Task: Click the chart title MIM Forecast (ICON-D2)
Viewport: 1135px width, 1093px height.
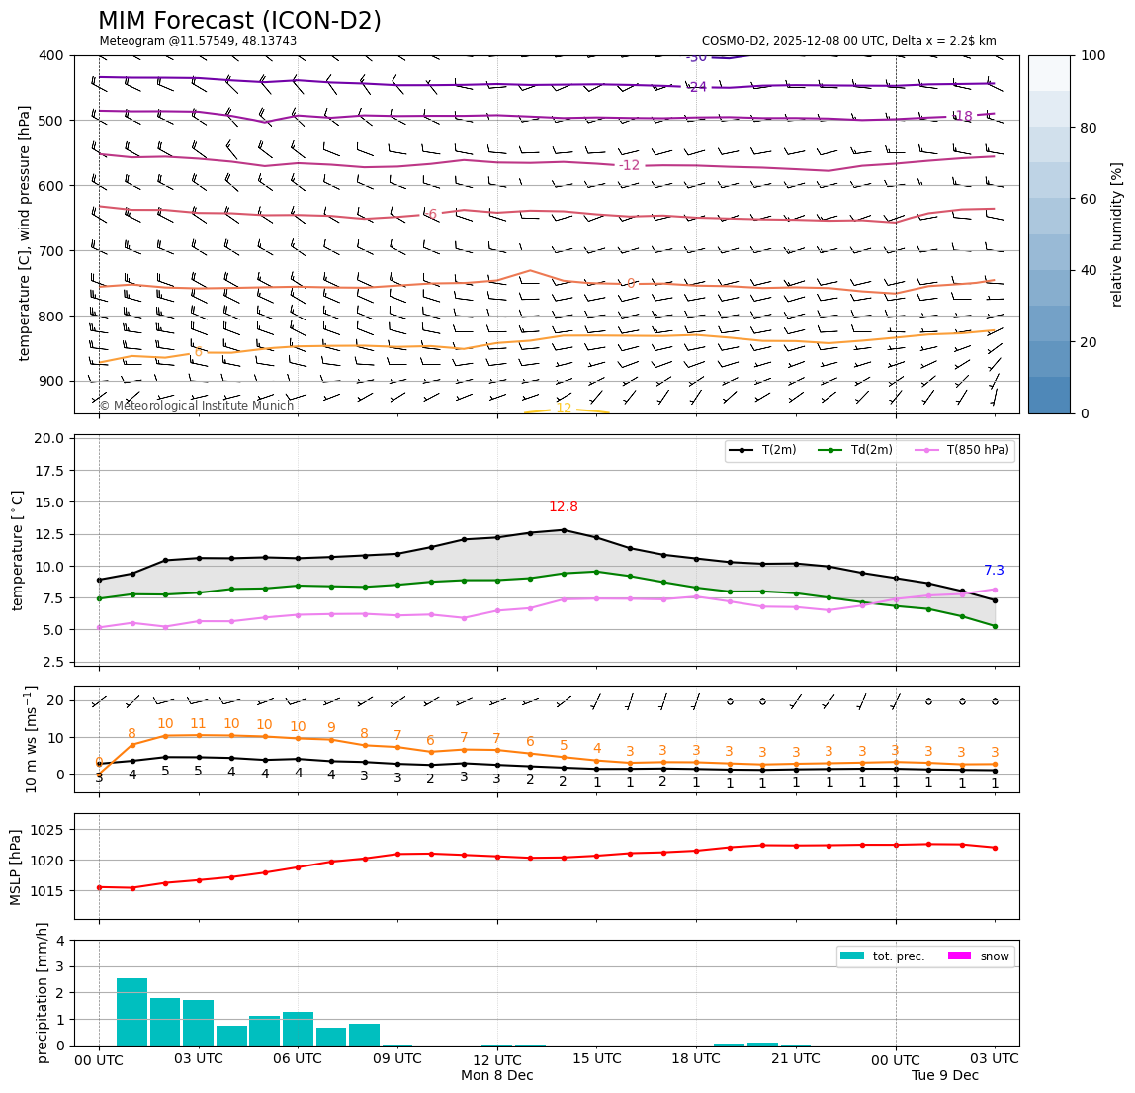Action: (x=239, y=21)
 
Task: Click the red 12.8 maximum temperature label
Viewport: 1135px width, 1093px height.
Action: (x=564, y=507)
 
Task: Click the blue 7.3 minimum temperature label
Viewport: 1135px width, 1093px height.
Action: (x=994, y=571)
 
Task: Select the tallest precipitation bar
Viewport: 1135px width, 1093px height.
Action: (x=131, y=1011)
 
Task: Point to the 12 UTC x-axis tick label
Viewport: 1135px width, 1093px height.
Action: (x=497, y=1059)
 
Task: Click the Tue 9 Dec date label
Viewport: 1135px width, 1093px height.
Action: (x=945, y=1075)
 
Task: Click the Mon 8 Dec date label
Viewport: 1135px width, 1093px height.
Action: (x=497, y=1075)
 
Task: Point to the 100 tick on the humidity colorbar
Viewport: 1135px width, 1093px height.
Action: (x=1092, y=56)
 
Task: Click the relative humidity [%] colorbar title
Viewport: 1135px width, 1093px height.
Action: (x=1117, y=234)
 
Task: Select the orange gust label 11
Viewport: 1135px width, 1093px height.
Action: (x=198, y=724)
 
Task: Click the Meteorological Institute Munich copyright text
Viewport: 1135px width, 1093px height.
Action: (x=197, y=406)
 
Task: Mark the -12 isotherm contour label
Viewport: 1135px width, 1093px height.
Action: (x=630, y=165)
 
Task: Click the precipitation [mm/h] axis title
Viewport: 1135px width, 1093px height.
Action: (x=43, y=992)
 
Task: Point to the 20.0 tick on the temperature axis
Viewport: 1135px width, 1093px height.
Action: (x=49, y=438)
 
